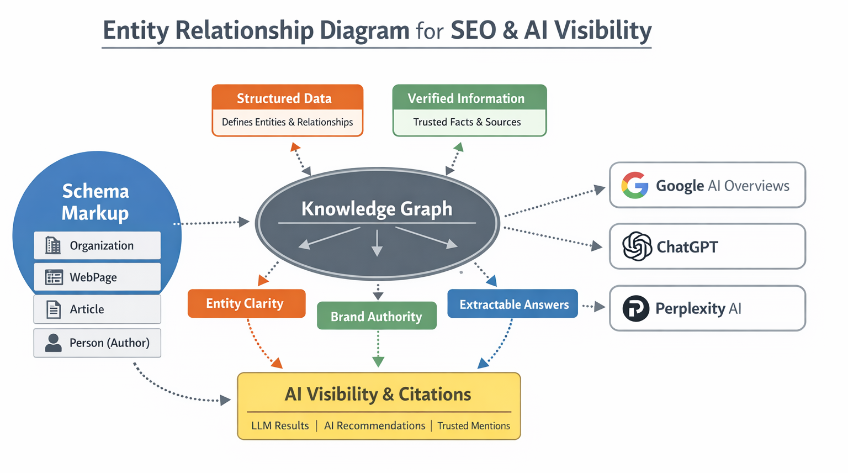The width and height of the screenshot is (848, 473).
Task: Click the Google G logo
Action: (x=635, y=185)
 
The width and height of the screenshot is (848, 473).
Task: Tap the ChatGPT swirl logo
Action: (x=637, y=246)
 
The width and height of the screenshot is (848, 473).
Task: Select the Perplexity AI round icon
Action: (x=636, y=308)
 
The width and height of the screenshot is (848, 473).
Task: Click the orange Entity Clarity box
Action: (x=246, y=303)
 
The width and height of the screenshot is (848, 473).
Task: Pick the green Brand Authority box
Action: (x=377, y=316)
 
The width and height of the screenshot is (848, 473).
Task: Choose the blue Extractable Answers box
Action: (x=512, y=304)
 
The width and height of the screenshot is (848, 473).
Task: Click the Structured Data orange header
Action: (x=287, y=98)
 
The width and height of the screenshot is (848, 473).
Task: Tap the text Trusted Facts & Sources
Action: (x=467, y=122)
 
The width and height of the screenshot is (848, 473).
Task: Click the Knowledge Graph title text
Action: (x=377, y=208)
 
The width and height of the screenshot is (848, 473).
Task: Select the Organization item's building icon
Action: (x=53, y=245)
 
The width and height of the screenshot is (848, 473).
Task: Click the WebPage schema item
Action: (x=97, y=277)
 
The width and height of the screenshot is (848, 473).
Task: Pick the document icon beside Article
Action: (x=54, y=309)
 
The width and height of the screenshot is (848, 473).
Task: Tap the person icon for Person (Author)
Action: (x=54, y=343)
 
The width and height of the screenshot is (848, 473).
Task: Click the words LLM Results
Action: (x=280, y=425)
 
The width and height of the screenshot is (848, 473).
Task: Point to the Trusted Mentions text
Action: (x=474, y=425)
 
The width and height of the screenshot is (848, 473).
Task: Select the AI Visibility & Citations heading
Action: (x=378, y=394)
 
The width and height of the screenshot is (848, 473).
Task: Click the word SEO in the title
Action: (x=473, y=30)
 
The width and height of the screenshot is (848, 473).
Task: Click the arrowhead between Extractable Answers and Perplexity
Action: (x=600, y=307)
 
